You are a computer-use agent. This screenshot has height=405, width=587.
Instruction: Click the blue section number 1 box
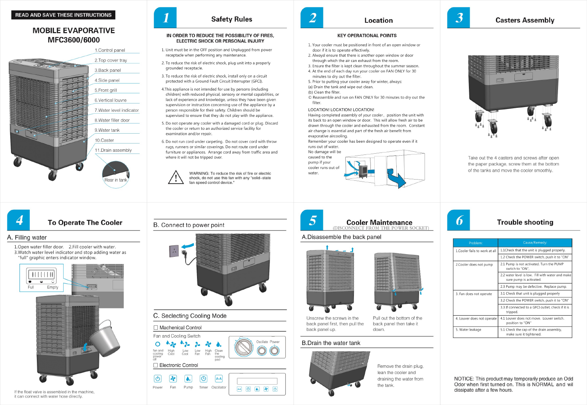point(165,18)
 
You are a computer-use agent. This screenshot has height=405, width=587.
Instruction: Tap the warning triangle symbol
point(176,178)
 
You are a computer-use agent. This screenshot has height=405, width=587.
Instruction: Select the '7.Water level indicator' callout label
point(117,111)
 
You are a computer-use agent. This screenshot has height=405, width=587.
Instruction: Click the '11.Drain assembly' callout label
point(113,151)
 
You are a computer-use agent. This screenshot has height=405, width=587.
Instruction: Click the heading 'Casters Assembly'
point(525,20)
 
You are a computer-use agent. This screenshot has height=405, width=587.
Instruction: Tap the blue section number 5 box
point(312,220)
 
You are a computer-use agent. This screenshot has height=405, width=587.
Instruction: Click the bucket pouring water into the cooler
point(104,340)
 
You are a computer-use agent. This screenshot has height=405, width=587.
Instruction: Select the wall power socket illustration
point(174,251)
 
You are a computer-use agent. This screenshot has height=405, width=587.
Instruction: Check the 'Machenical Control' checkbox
point(156,328)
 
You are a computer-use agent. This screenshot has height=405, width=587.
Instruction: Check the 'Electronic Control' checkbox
point(156,365)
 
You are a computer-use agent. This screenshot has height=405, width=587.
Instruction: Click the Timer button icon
point(203,379)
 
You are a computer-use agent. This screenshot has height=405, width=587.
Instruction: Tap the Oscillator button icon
point(219,379)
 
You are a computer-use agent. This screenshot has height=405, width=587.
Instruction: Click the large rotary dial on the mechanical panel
point(244,347)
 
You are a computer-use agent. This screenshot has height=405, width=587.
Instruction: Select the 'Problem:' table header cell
point(476,243)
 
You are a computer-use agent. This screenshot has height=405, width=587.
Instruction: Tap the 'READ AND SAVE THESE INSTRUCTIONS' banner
point(63,15)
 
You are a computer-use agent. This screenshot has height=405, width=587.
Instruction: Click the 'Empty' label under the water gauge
point(53,287)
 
